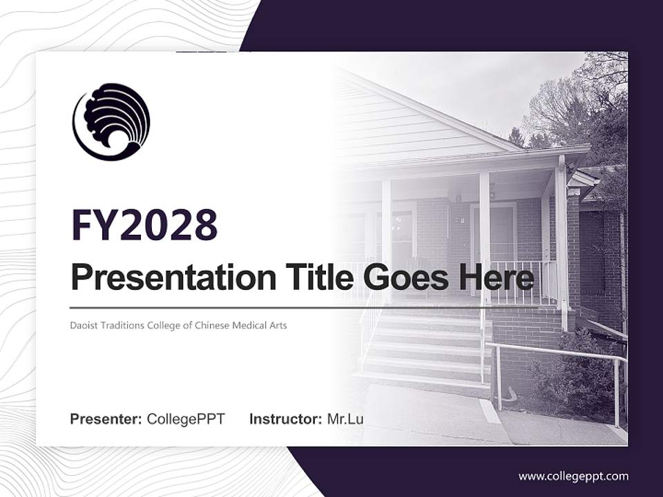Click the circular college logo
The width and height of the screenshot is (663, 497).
tap(111, 121)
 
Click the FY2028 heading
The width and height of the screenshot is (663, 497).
tap(144, 225)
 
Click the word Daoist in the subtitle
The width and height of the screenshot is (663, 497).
tap(84, 324)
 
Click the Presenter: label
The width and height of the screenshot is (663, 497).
tap(106, 419)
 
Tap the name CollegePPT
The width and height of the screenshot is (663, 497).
tap(186, 419)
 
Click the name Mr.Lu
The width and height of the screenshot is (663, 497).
tap(345, 419)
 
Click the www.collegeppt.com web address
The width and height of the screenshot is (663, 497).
tap(573, 476)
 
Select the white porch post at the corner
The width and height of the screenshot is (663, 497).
tap(562, 242)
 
